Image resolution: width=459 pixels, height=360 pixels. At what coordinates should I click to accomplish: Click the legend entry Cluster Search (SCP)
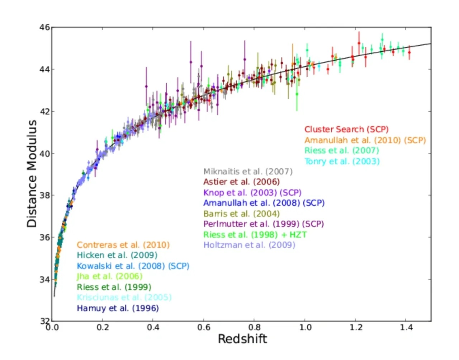(346, 130)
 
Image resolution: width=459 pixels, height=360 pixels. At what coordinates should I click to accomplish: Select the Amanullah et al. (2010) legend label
(365, 140)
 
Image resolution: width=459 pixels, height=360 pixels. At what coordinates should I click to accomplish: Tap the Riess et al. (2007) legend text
(341, 150)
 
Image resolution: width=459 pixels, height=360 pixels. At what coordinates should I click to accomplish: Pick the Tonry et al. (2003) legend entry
(342, 161)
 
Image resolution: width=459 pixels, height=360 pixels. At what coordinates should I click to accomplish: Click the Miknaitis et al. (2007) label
(248, 172)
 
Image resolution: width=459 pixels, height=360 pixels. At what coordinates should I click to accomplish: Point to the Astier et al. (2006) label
(241, 182)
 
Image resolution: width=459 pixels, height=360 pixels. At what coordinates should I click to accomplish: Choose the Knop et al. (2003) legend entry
(252, 193)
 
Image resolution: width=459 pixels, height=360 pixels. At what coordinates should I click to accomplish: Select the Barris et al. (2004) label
(241, 214)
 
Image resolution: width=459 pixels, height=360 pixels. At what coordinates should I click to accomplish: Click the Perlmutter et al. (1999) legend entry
(264, 224)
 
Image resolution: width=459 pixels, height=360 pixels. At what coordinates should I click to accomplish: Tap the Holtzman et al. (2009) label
(249, 245)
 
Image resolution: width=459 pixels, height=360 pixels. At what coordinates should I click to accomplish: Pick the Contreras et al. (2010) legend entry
(123, 245)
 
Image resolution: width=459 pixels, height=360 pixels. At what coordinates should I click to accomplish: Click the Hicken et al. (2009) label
(117, 255)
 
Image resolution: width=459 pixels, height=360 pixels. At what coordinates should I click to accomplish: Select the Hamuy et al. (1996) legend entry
(118, 308)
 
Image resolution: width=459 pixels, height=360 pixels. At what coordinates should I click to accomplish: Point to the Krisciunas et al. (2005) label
(124, 298)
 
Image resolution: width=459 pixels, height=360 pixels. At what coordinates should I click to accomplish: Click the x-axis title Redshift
(242, 339)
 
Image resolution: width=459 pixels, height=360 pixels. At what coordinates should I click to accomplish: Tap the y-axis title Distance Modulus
(32, 173)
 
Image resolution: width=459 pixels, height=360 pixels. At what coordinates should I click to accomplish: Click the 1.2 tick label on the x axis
(356, 327)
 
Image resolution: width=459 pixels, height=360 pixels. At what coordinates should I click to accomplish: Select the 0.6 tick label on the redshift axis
(204, 327)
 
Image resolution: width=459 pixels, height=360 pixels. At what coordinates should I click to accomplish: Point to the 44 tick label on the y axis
(44, 69)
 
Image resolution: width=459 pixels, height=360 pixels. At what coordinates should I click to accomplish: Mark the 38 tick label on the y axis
(44, 196)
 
